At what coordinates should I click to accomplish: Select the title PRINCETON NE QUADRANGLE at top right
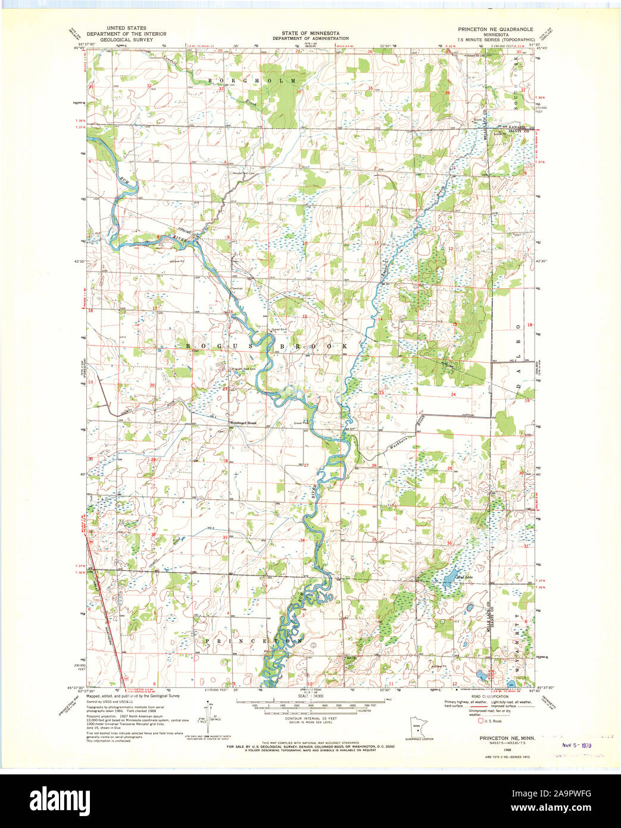coord(495,29)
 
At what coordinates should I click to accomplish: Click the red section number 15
coord(304,317)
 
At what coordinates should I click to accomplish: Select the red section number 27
coord(306,465)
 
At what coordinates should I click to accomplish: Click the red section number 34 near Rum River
coord(302,540)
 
